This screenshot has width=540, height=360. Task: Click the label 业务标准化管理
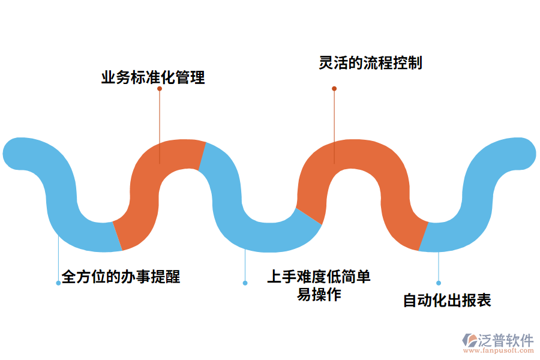pyautogui.click(x=153, y=77)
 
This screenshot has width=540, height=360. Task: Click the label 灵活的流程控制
pyautogui.click(x=370, y=63)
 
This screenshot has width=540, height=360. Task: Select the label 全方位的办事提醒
pyautogui.click(x=121, y=277)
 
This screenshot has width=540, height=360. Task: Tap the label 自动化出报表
pyautogui.click(x=447, y=300)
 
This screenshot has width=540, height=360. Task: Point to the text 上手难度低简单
pyautogui.click(x=319, y=277)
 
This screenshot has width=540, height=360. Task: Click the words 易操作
pyautogui.click(x=319, y=295)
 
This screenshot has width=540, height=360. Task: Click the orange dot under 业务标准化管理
pyautogui.click(x=160, y=89)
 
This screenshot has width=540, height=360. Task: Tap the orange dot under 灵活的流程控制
pyautogui.click(x=334, y=89)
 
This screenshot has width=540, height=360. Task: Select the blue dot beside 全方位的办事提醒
pyautogui.click(x=58, y=283)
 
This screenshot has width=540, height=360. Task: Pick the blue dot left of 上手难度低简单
pyautogui.click(x=245, y=283)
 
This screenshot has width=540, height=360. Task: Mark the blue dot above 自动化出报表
pyautogui.click(x=439, y=283)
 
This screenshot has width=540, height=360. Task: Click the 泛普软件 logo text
pyautogui.click(x=505, y=340)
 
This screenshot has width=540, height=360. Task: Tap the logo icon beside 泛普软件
pyautogui.click(x=469, y=341)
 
